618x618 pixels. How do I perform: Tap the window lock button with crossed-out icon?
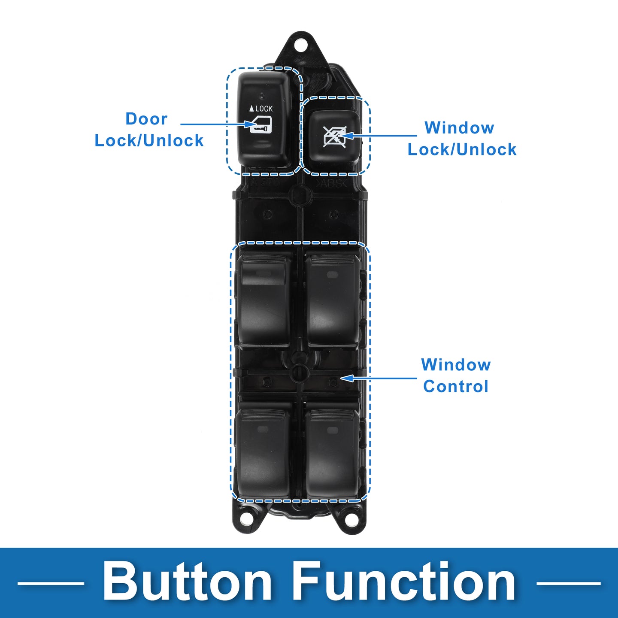(x=334, y=137)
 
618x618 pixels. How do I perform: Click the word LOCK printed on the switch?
(x=264, y=109)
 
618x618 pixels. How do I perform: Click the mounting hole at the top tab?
(x=300, y=45)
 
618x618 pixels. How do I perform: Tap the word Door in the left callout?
(x=146, y=119)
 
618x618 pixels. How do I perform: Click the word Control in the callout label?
(x=456, y=386)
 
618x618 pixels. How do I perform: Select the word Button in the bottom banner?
(x=187, y=582)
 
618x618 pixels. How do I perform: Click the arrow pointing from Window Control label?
(x=379, y=379)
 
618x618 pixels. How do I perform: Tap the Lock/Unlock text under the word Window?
(x=462, y=149)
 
